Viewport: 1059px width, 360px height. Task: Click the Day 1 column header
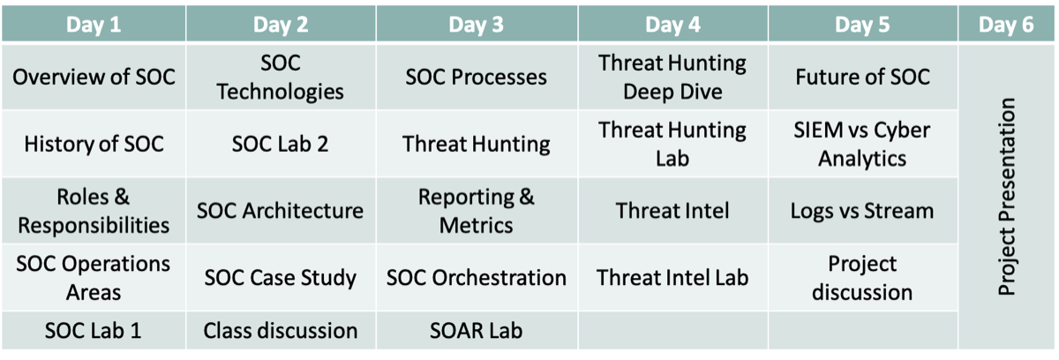pyautogui.click(x=94, y=24)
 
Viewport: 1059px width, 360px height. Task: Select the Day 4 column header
pyautogui.click(x=672, y=24)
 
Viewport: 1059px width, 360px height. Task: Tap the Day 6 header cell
pyautogui.click(x=1006, y=24)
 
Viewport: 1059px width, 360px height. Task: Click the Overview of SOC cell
pyautogui.click(x=94, y=77)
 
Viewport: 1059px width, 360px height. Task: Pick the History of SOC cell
pyautogui.click(x=94, y=144)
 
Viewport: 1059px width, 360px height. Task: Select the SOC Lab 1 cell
pyautogui.click(x=94, y=330)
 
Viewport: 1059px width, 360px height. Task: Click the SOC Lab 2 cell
pyautogui.click(x=281, y=144)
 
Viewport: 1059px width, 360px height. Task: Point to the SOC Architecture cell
pyautogui.click(x=281, y=211)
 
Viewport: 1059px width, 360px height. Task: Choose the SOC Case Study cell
pyautogui.click(x=281, y=277)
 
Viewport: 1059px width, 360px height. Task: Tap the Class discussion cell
pyautogui.click(x=281, y=330)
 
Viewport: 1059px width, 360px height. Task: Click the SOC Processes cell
pyautogui.click(x=477, y=77)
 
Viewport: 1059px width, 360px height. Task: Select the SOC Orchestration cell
pyautogui.click(x=477, y=277)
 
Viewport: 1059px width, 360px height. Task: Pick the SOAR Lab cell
pyautogui.click(x=477, y=330)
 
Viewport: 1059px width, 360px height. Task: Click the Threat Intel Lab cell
pyautogui.click(x=672, y=277)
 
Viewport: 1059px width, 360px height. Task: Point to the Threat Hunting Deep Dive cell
pyautogui.click(x=672, y=77)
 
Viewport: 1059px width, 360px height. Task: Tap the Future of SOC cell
pyautogui.click(x=863, y=77)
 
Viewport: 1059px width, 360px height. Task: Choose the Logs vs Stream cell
pyautogui.click(x=863, y=211)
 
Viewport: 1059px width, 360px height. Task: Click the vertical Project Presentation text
pyautogui.click(x=1007, y=197)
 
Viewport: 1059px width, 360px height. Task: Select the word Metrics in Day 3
pyautogui.click(x=476, y=225)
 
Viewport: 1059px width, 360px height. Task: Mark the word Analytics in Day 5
pyautogui.click(x=862, y=159)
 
